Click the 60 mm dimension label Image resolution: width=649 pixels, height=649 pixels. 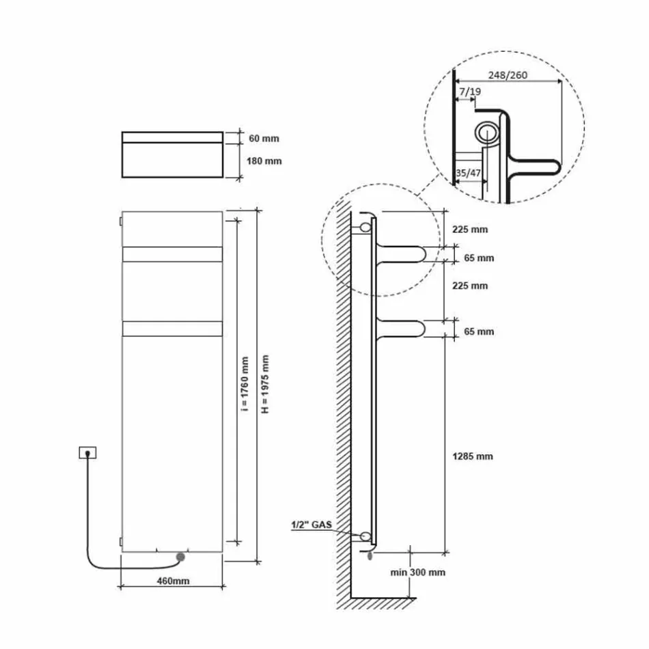tap(264, 139)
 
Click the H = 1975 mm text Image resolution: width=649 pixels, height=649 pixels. tap(265, 385)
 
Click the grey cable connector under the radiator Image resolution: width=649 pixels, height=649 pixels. tap(180, 557)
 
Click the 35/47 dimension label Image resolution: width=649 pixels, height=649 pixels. tap(469, 174)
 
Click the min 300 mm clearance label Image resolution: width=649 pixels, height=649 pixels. tap(417, 572)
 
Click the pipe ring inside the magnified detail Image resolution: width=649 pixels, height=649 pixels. tap(487, 133)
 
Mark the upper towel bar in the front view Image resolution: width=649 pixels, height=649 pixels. tap(172, 254)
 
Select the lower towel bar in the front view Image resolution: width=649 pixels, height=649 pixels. tap(172, 329)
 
